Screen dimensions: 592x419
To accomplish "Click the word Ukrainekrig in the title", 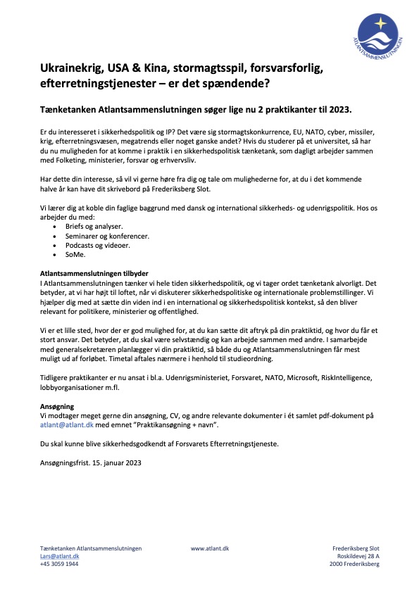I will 70,68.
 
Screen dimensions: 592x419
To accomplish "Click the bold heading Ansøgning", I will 58,406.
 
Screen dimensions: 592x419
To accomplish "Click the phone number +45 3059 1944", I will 59,564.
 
